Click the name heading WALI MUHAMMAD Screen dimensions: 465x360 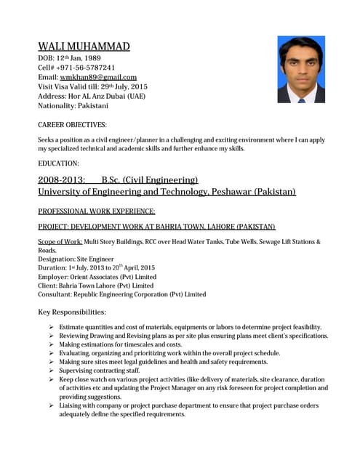tap(84, 46)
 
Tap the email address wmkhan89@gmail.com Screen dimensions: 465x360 tap(98, 77)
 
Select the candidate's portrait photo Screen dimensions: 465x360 tap(300, 70)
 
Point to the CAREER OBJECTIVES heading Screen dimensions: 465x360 tap(72, 125)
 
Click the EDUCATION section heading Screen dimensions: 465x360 tap(58, 163)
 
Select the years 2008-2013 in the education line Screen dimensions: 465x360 tap(61, 179)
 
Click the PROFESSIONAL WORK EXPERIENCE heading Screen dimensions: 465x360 tap(96, 211)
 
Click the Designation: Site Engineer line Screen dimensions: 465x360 tap(76, 258)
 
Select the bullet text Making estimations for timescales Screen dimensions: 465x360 tap(120, 344)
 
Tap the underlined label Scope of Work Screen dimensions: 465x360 tap(60, 241)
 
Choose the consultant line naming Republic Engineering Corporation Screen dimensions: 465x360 tap(121, 294)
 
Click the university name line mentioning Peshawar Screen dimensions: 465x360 tap(167, 192)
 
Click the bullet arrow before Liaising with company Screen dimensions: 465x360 tap(51, 405)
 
